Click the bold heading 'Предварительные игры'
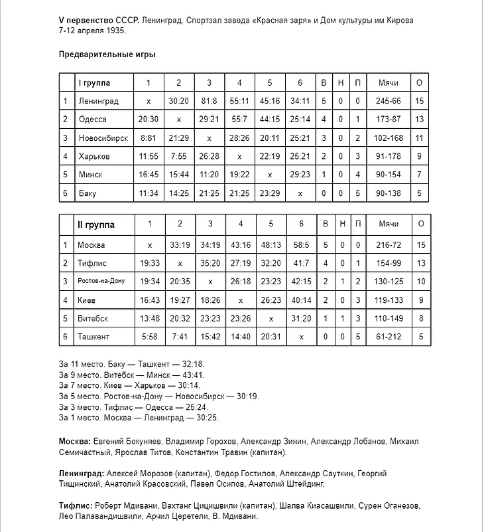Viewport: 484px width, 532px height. pyautogui.click(x=107, y=54)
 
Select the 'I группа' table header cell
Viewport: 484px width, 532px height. pyautogui.click(x=94, y=83)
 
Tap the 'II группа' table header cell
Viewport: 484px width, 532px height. pyautogui.click(x=95, y=224)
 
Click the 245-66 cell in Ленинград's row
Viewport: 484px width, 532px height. pyautogui.click(x=388, y=101)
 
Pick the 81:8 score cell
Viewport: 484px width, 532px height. pyautogui.click(x=209, y=101)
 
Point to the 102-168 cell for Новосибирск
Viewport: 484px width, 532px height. pyautogui.click(x=388, y=137)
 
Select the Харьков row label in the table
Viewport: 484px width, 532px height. pyautogui.click(x=92, y=156)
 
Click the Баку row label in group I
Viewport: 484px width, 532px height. pyautogui.click(x=87, y=193)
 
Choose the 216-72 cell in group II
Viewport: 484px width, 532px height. pyautogui.click(x=388, y=245)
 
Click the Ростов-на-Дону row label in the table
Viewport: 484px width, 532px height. pyautogui.click(x=101, y=282)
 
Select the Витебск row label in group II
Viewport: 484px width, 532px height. pyautogui.click(x=93, y=318)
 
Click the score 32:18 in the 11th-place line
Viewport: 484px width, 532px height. pyautogui.click(x=193, y=364)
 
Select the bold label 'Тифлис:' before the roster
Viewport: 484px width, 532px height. pyautogui.click(x=76, y=505)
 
